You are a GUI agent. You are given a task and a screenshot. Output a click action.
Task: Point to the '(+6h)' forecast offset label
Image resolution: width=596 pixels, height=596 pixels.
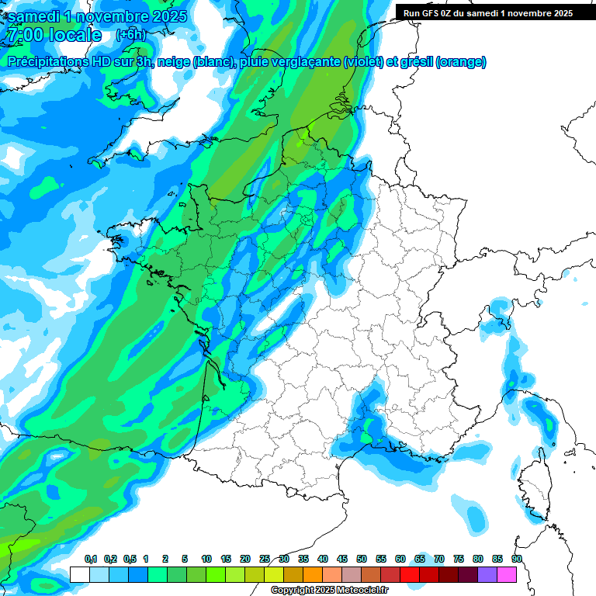pos(130,34)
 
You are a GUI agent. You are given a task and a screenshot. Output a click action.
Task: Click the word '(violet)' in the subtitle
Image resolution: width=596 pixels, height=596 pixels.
pos(363,62)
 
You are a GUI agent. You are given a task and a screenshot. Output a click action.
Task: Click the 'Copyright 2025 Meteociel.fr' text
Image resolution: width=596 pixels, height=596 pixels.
pos(329,591)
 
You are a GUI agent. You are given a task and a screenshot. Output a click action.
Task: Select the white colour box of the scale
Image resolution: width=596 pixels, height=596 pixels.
pos(79,575)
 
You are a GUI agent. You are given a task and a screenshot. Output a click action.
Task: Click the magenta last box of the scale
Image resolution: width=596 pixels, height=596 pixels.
pos(507,575)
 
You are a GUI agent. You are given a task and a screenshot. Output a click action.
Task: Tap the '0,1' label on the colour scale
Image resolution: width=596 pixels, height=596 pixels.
pos(90,560)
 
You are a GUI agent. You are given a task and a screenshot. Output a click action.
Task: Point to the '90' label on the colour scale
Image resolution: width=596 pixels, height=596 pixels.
pos(516,560)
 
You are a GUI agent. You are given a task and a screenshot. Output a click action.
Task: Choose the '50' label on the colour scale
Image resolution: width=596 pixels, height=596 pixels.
pos(362,560)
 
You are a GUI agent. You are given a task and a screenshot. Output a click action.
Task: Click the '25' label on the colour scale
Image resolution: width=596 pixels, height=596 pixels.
pos(265,560)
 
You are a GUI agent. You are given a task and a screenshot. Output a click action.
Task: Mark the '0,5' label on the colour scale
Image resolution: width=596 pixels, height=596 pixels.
pos(129,560)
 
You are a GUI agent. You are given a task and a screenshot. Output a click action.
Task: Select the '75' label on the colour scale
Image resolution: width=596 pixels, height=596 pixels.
pos(458,560)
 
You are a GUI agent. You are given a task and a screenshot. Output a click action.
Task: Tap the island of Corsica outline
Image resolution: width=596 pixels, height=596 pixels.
pos(534,481)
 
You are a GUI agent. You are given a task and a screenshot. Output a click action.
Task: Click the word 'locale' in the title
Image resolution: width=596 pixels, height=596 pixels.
pos(74,35)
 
